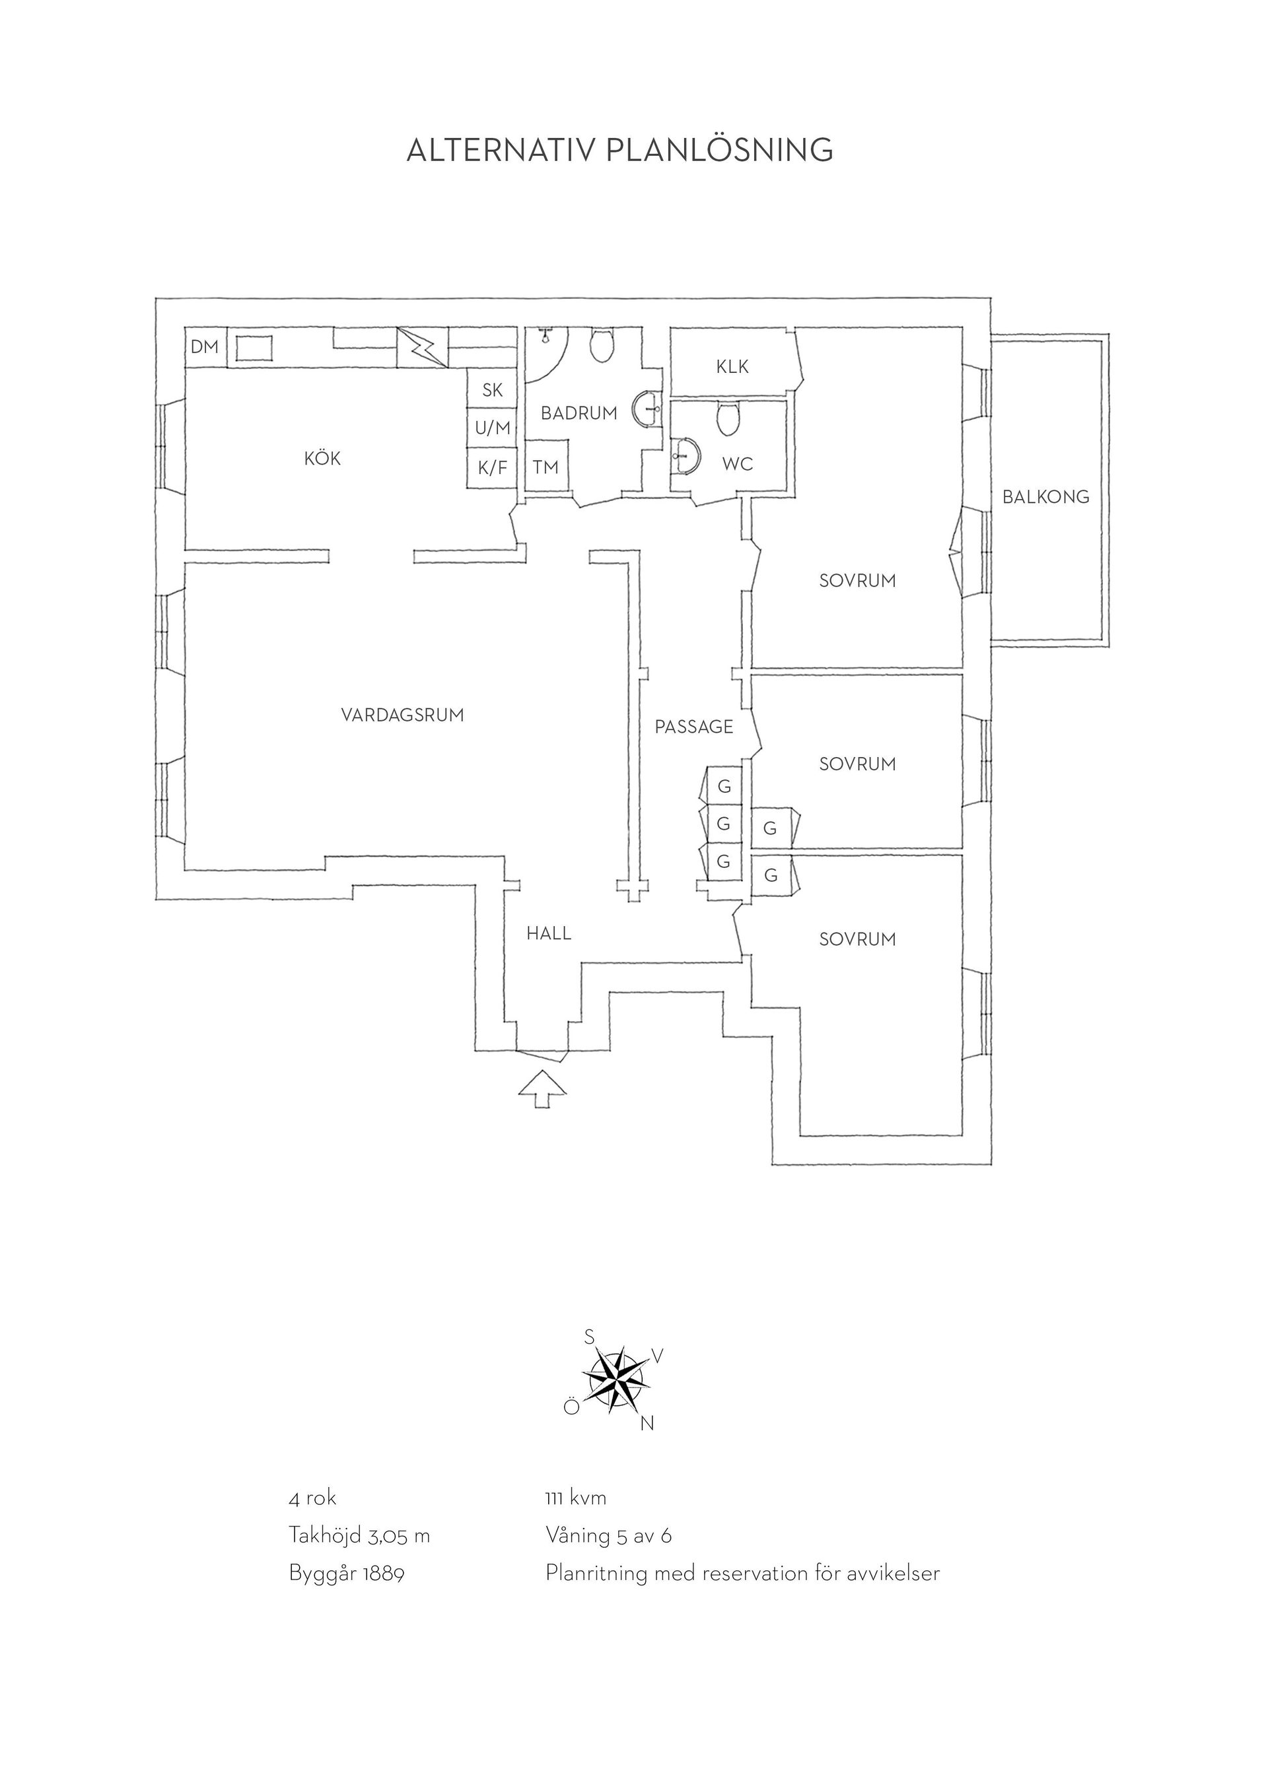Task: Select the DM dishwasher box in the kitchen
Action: [x=205, y=347]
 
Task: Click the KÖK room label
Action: [x=322, y=459]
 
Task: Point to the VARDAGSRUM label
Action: [x=403, y=715]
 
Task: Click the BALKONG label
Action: [x=1046, y=496]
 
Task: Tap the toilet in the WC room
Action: [x=728, y=419]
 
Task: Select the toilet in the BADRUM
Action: [x=601, y=346]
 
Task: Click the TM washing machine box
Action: [x=547, y=466]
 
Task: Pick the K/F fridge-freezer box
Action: [x=493, y=468]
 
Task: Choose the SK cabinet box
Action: [x=493, y=389]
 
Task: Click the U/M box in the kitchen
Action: [x=493, y=428]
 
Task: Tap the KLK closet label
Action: [x=732, y=366]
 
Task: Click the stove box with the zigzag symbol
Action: [x=423, y=347]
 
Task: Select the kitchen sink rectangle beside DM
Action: [x=254, y=347]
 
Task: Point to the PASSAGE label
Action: [x=694, y=727]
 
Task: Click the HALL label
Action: [x=549, y=933]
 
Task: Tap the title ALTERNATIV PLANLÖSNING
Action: [x=620, y=150]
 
